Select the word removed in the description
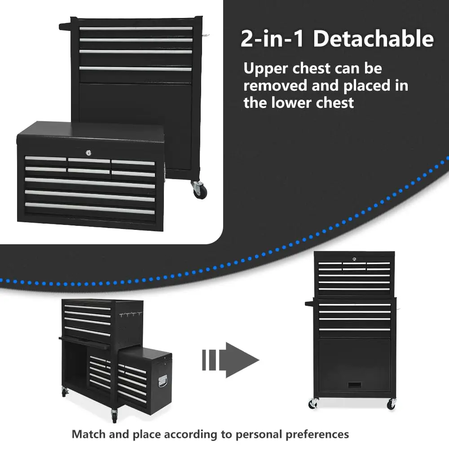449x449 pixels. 275,86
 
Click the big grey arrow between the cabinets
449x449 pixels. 230,360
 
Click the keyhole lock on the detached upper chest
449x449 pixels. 88,153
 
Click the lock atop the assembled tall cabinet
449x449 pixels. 354,259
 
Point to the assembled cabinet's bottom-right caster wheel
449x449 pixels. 392,404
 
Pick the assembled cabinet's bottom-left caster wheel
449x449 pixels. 313,403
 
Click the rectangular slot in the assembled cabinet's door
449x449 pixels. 355,385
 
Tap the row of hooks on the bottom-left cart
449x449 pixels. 131,315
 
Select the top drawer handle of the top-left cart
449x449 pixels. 136,29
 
